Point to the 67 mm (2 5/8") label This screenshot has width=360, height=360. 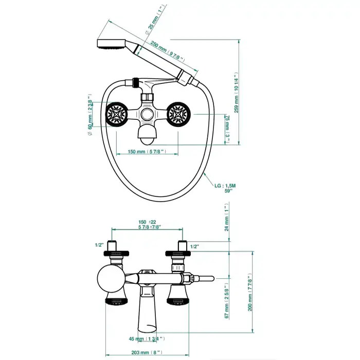(x=226, y=301)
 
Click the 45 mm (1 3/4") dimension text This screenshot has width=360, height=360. (x=147, y=338)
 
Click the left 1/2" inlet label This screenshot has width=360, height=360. (x=99, y=245)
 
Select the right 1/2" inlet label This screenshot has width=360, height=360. (x=194, y=247)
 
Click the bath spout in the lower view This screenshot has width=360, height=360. (x=147, y=313)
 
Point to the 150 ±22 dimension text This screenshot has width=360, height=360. (x=148, y=223)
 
